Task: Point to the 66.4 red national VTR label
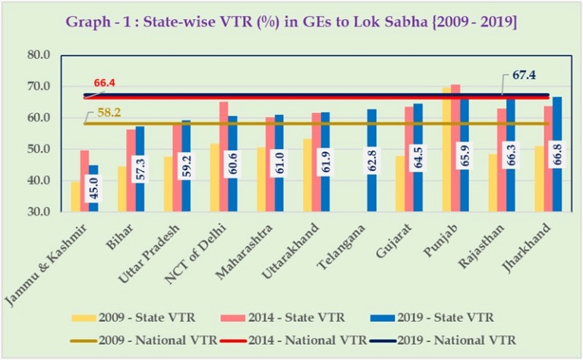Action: pyautogui.click(x=105, y=83)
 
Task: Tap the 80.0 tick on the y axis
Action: pyautogui.click(x=38, y=55)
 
